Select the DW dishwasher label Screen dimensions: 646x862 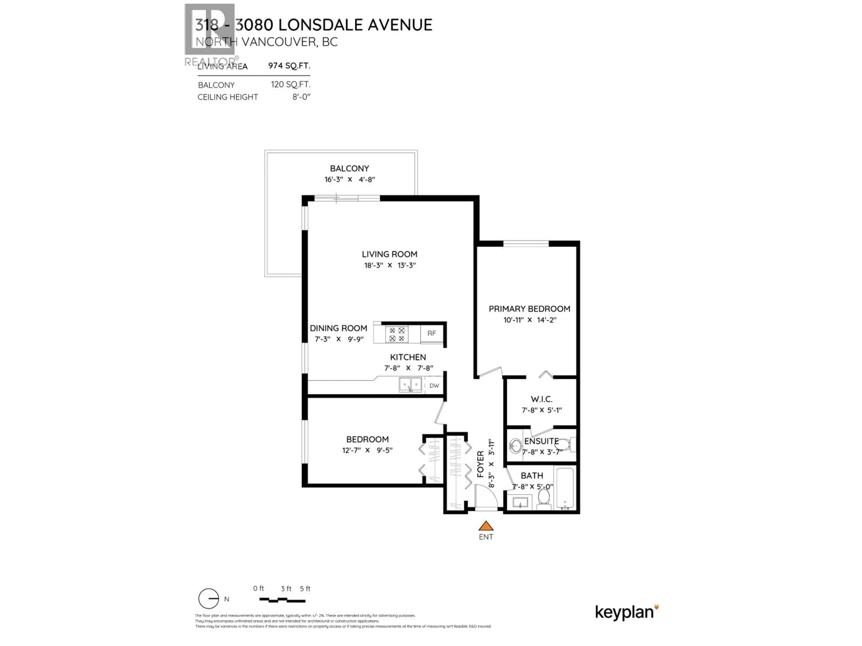click(x=434, y=386)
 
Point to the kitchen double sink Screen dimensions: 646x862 click(x=410, y=385)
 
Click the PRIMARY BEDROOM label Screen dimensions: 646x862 click(x=529, y=309)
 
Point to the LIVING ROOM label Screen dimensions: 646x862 click(x=389, y=254)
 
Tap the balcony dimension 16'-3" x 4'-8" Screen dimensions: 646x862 click(x=350, y=179)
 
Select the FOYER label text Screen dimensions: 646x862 click(x=480, y=464)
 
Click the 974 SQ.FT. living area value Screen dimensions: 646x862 click(x=289, y=65)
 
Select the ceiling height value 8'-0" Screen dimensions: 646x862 click(x=301, y=97)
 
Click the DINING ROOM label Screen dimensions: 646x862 click(x=338, y=328)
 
